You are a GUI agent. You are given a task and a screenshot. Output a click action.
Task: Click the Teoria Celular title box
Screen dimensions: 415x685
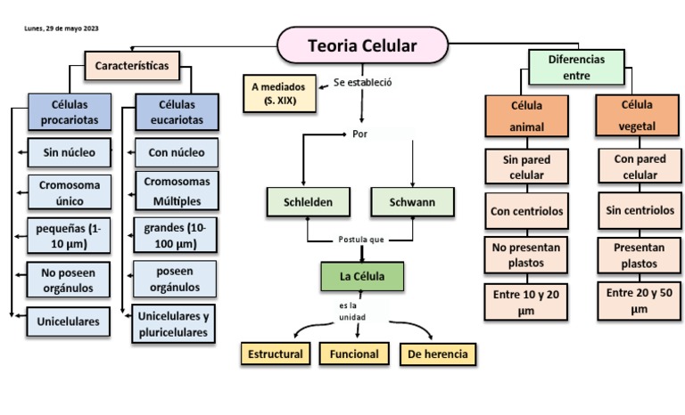click(x=362, y=45)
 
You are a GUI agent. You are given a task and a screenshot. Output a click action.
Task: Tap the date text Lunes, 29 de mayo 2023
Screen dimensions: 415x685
click(x=62, y=28)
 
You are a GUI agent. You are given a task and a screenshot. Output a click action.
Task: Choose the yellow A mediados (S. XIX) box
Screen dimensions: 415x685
click(x=280, y=94)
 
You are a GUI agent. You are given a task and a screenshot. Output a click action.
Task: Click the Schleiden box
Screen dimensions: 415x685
click(x=308, y=202)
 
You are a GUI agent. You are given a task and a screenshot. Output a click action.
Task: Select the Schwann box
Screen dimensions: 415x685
click(x=412, y=202)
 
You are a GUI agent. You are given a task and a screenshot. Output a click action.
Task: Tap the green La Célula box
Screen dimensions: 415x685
click(x=362, y=277)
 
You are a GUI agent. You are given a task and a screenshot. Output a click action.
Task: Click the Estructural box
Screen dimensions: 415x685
click(x=275, y=354)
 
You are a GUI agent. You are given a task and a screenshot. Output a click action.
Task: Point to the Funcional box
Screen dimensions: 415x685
click(x=354, y=354)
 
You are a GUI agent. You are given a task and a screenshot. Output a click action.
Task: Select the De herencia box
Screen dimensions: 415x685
click(x=437, y=354)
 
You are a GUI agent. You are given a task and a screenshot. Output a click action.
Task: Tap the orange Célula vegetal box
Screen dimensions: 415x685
click(x=637, y=116)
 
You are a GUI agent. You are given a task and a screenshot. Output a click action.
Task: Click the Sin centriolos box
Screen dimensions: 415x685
click(x=638, y=211)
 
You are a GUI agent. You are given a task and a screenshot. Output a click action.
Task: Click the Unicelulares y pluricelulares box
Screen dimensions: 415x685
click(x=175, y=324)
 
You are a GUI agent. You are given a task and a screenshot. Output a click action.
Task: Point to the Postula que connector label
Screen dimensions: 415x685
click(x=361, y=240)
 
